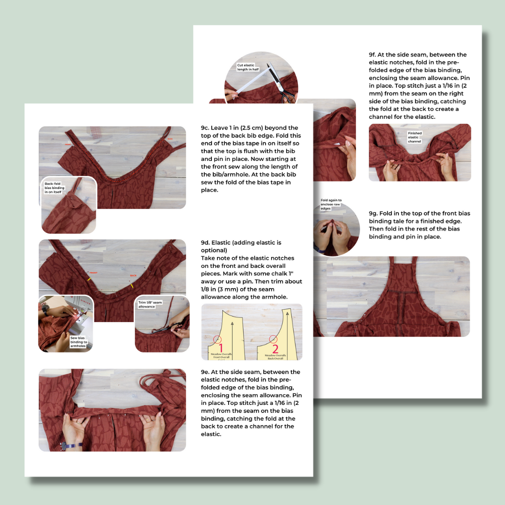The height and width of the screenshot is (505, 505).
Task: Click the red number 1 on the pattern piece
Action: tap(221, 347)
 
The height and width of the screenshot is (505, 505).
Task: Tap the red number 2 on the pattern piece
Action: tap(275, 349)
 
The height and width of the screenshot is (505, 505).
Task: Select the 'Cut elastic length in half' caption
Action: tap(248, 67)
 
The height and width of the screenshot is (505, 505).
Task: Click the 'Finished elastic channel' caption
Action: tap(414, 137)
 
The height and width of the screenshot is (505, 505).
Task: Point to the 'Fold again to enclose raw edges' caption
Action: tap(331, 204)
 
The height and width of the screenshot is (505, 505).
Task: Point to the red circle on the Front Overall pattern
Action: tap(217, 340)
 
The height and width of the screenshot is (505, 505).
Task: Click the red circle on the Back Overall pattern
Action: tap(273, 339)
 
